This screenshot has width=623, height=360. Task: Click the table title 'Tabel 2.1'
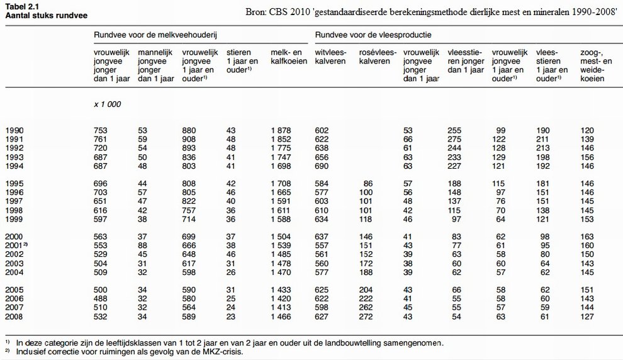click(22, 7)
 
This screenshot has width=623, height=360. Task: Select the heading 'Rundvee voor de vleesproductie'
click(373, 35)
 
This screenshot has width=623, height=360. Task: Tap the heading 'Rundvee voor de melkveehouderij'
click(155, 35)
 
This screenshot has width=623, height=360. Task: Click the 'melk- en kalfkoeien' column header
click(289, 57)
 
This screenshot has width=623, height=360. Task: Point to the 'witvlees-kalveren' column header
click(330, 57)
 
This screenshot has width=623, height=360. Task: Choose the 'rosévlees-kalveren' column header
click(378, 57)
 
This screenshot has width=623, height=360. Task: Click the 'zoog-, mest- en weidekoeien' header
click(596, 65)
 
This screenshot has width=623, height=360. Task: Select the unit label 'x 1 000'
click(107, 104)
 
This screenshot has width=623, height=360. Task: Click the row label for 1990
click(14, 130)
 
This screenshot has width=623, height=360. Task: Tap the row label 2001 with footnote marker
click(16, 245)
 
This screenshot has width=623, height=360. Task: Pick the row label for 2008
click(14, 317)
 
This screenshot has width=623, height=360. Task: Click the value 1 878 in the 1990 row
click(281, 130)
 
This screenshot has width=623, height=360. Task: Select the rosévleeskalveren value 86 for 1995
click(368, 184)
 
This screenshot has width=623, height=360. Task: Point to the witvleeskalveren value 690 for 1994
click(322, 166)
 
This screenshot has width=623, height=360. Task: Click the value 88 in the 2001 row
click(143, 245)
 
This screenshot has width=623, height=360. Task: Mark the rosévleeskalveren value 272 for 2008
click(366, 317)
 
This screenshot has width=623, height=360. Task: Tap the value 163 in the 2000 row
click(587, 237)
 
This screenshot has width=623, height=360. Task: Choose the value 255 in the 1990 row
click(454, 130)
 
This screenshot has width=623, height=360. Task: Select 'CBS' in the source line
click(278, 11)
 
